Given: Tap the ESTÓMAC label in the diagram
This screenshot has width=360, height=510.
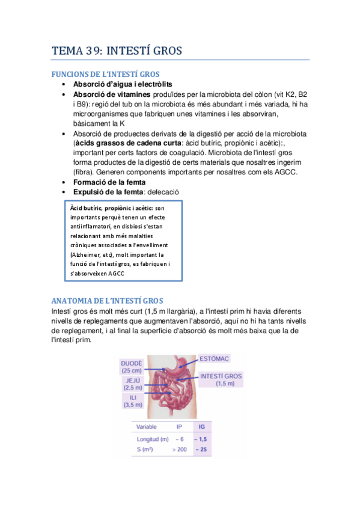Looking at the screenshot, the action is tap(215, 359).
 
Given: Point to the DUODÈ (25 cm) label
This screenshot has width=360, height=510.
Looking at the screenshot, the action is tap(132, 367).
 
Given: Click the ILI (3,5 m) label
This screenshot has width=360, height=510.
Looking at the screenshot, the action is tap(132, 401).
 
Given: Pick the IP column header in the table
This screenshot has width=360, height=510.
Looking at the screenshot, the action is tap(179, 426).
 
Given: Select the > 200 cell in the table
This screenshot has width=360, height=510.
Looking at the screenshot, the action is tap(179, 449).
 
